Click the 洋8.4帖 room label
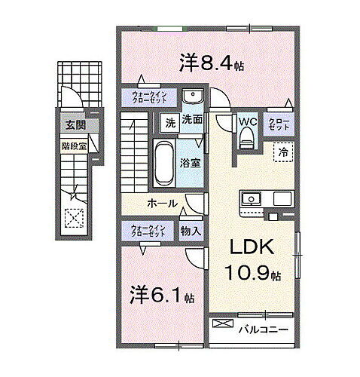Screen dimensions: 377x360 [212, 64]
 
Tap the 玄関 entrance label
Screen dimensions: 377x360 [74, 126]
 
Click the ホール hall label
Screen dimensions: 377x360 [162, 203]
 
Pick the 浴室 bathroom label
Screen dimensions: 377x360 [189, 162]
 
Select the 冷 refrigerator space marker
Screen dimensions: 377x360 [282, 152]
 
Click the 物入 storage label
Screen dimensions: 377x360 [190, 231]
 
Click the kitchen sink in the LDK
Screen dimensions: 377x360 [250, 200]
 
